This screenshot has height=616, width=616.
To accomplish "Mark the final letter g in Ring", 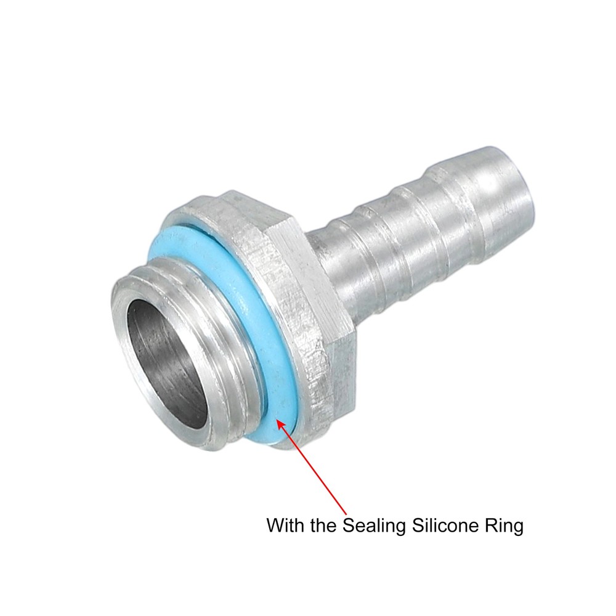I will [518, 528].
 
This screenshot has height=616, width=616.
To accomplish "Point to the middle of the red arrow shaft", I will [313, 466].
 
